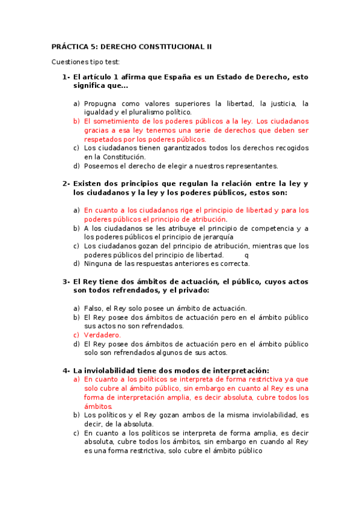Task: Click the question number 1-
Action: (66, 77)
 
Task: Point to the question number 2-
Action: (66, 183)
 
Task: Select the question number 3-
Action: (66, 281)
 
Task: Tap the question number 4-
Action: (66, 370)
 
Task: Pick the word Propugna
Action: (102, 103)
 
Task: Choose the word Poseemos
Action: (102, 166)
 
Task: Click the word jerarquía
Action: (208, 237)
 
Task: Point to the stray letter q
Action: (246, 254)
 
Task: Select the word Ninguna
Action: (99, 263)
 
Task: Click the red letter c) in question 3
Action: (76, 335)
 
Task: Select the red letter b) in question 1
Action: (76, 121)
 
